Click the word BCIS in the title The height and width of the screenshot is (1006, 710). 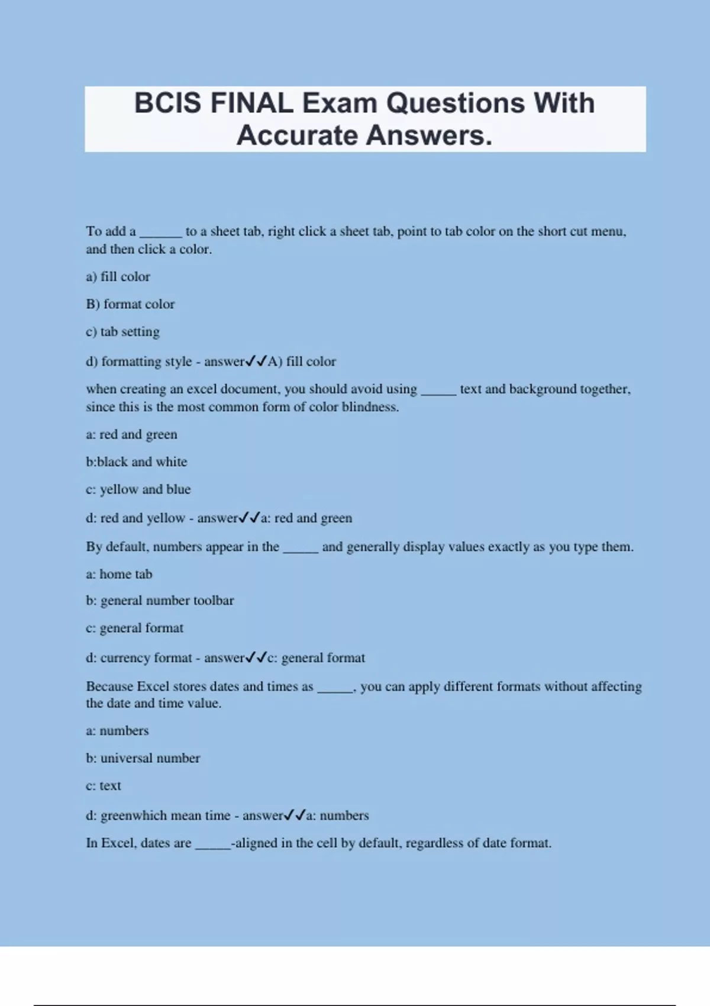(x=167, y=104)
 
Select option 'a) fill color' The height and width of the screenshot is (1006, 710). (x=118, y=276)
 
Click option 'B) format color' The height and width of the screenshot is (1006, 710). (x=130, y=304)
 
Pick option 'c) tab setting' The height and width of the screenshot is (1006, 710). (x=122, y=331)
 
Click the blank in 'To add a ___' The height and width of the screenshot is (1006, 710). (x=160, y=232)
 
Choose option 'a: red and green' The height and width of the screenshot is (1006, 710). (x=131, y=434)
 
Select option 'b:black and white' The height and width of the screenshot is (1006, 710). (x=136, y=462)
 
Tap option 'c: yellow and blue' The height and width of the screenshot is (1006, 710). (x=138, y=489)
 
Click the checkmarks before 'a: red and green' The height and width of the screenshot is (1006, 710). (x=249, y=518)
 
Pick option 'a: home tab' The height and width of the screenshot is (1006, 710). (x=119, y=574)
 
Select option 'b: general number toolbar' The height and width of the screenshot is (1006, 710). (x=160, y=601)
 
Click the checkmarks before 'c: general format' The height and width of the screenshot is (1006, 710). (x=256, y=658)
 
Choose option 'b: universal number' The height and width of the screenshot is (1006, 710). (x=143, y=758)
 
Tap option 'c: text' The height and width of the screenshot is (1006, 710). (x=103, y=786)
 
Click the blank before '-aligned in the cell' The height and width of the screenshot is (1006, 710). (x=212, y=844)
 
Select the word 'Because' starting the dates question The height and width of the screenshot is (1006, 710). (x=109, y=686)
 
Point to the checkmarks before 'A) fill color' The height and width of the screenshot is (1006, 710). (x=256, y=362)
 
